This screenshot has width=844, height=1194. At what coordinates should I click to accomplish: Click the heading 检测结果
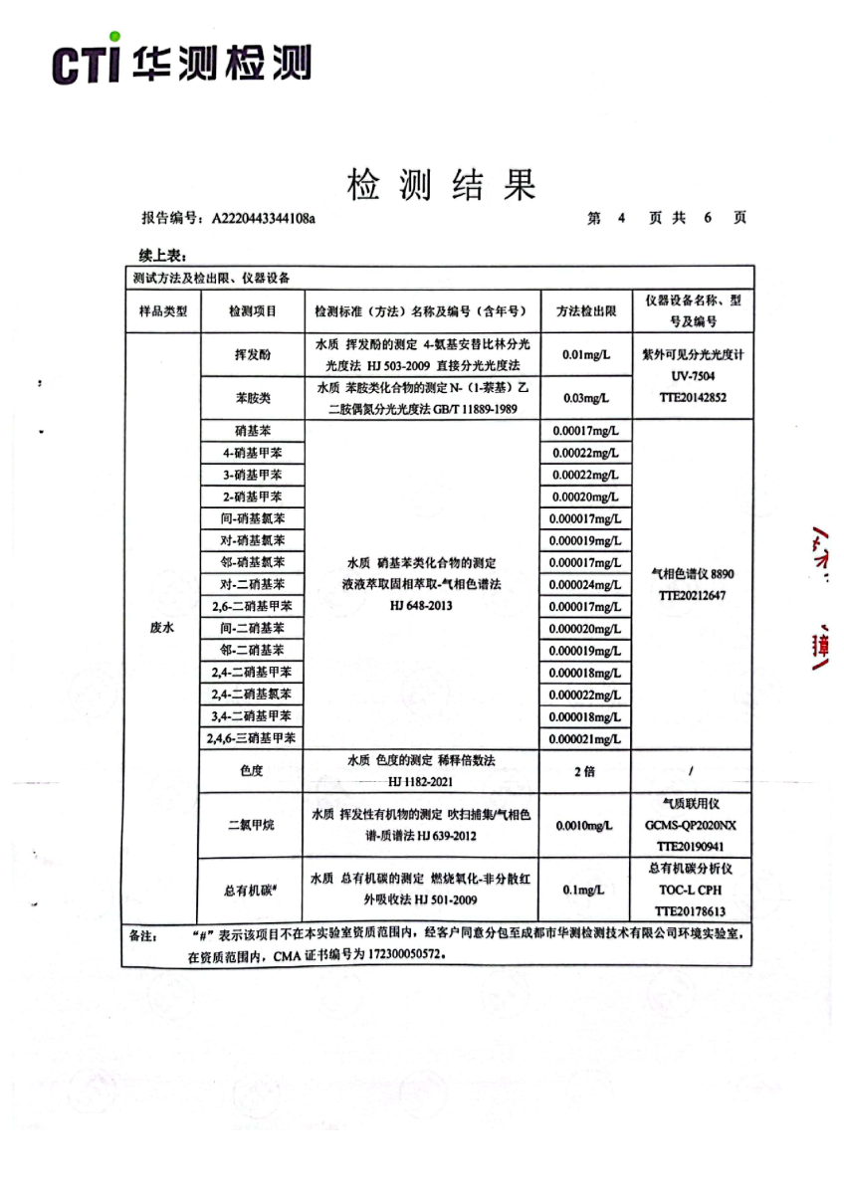pyautogui.click(x=441, y=185)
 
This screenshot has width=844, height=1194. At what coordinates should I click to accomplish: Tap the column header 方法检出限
pyautogui.click(x=586, y=310)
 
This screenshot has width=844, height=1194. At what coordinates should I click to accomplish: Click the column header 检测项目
pyautogui.click(x=252, y=310)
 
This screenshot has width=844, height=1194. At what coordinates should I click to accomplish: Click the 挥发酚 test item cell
pyautogui.click(x=252, y=354)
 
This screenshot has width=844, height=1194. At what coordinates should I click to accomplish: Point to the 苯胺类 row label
pyautogui.click(x=252, y=398)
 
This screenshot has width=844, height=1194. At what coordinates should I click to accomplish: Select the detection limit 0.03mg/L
pyautogui.click(x=586, y=398)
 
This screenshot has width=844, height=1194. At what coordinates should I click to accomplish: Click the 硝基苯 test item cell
pyautogui.click(x=252, y=431)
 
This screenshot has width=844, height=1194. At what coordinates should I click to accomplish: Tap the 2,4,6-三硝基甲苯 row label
pyautogui.click(x=252, y=738)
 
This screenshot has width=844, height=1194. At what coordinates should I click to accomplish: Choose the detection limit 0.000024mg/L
pyautogui.click(x=586, y=584)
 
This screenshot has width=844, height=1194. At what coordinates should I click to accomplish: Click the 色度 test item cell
pyautogui.click(x=252, y=771)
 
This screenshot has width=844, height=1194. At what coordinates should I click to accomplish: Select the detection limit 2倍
pyautogui.click(x=586, y=771)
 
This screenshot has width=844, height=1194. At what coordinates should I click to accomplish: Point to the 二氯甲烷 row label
pyautogui.click(x=252, y=825)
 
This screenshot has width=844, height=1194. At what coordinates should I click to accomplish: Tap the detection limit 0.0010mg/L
pyautogui.click(x=586, y=825)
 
